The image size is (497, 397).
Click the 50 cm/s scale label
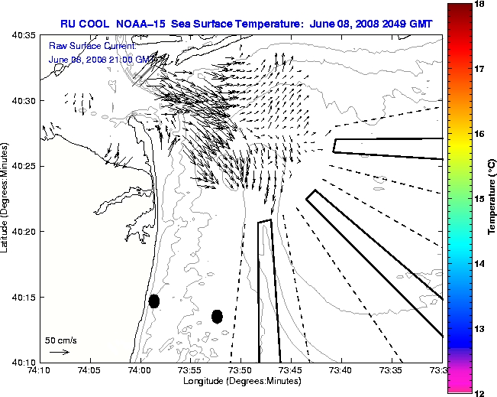61,340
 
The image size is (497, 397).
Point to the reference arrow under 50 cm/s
59,353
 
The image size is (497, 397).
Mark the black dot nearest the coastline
153,301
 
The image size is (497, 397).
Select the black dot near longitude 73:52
217,316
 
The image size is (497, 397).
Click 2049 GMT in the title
405,23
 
